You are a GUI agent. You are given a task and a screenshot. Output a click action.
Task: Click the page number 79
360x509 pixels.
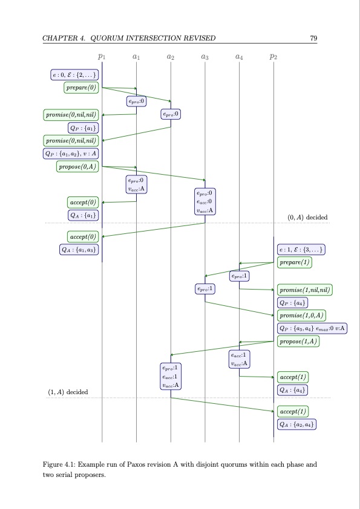pyautogui.click(x=313, y=39)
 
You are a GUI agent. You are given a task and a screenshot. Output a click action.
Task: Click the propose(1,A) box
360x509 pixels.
pyautogui.click(x=298, y=342)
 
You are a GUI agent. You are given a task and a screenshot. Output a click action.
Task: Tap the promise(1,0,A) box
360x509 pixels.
pyautogui.click(x=302, y=315)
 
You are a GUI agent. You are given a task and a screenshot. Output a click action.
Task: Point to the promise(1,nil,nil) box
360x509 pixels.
pyautogui.click(x=305, y=290)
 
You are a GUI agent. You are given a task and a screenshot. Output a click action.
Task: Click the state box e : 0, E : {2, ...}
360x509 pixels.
pyautogui.click(x=73, y=75)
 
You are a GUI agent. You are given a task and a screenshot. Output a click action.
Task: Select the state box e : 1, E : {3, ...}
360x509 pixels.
pyautogui.click(x=302, y=249)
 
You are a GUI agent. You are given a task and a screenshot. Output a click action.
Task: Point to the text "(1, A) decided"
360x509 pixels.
pyautogui.click(x=68, y=392)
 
